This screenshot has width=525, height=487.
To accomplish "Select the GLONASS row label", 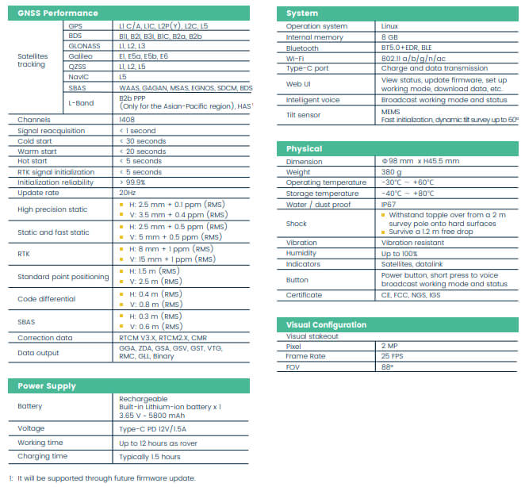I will point(85,46).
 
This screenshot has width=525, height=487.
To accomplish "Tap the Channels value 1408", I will point(126,119).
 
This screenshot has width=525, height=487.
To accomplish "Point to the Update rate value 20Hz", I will point(127,192).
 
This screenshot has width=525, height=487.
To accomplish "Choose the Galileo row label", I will point(81,56).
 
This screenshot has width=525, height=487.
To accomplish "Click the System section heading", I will point(302,13).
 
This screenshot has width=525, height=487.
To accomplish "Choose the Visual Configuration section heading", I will point(326,324).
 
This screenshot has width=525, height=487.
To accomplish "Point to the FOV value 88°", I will point(388,367).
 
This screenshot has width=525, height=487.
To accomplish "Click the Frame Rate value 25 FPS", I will point(393,357).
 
